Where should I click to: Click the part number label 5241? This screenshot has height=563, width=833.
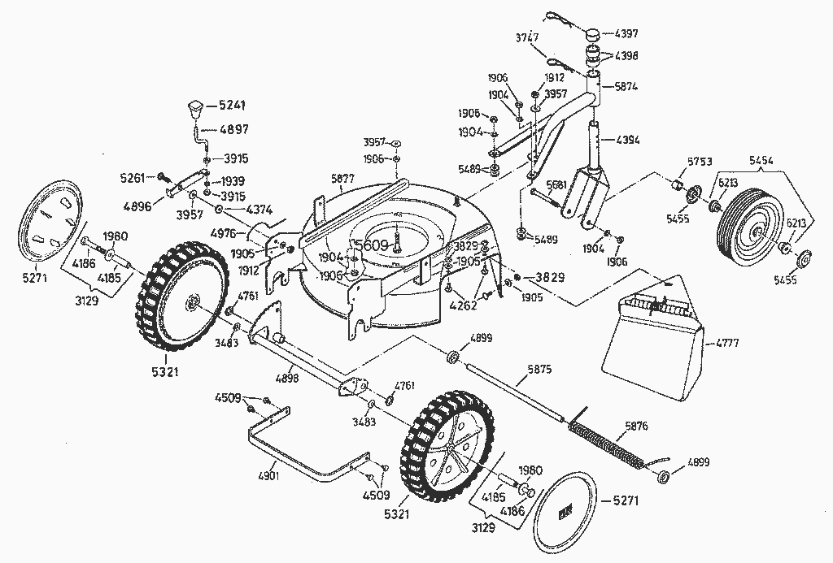pyautogui.click(x=232, y=106)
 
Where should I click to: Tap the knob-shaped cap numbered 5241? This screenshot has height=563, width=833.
pyautogui.click(x=196, y=106)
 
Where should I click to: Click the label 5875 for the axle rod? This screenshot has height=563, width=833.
pyautogui.click(x=539, y=369)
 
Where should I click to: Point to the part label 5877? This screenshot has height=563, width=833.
pyautogui.click(x=343, y=178)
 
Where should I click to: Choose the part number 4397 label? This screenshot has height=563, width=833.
pyautogui.click(x=626, y=33)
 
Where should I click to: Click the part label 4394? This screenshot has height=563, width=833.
pyautogui.click(x=628, y=140)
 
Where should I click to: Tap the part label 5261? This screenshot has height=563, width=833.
pyautogui.click(x=133, y=176)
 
